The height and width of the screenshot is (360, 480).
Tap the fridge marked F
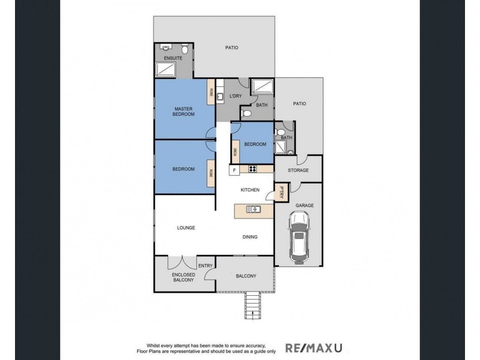point(235,170)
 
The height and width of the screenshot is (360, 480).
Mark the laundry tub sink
point(220,97)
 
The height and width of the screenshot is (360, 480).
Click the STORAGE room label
point(298,170)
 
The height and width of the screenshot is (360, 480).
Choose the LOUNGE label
point(186,228)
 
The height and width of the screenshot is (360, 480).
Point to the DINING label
point(250,236)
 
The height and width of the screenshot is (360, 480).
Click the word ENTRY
point(206,265)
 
